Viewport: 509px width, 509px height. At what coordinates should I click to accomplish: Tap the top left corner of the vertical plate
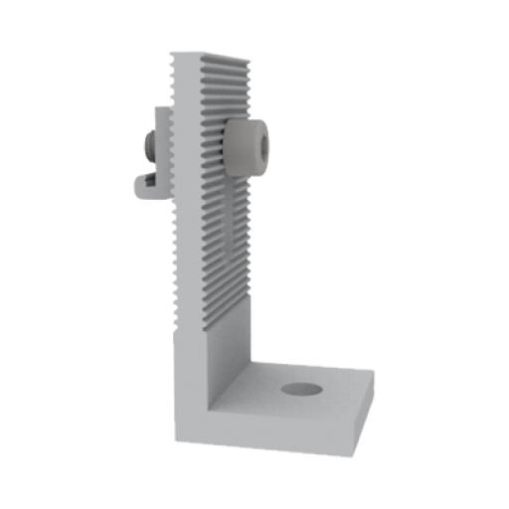coord(171,52)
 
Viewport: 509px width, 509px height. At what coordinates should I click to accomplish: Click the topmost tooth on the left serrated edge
coord(170,60)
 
